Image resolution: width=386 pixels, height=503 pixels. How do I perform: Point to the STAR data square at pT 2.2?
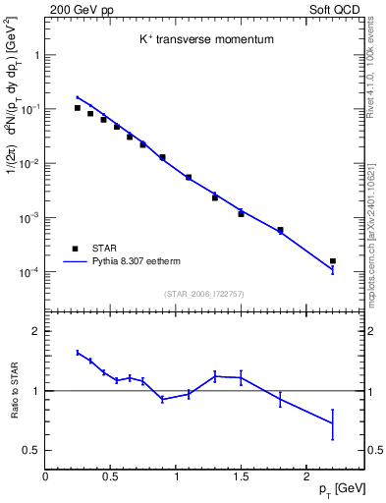click(332, 261)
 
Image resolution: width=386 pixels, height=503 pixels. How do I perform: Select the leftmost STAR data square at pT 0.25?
click(78, 108)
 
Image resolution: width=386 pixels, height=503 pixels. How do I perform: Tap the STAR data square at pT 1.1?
click(189, 177)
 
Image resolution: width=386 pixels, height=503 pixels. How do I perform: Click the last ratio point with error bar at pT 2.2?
click(332, 423)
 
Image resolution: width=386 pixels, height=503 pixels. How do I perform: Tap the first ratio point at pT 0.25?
click(78, 352)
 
